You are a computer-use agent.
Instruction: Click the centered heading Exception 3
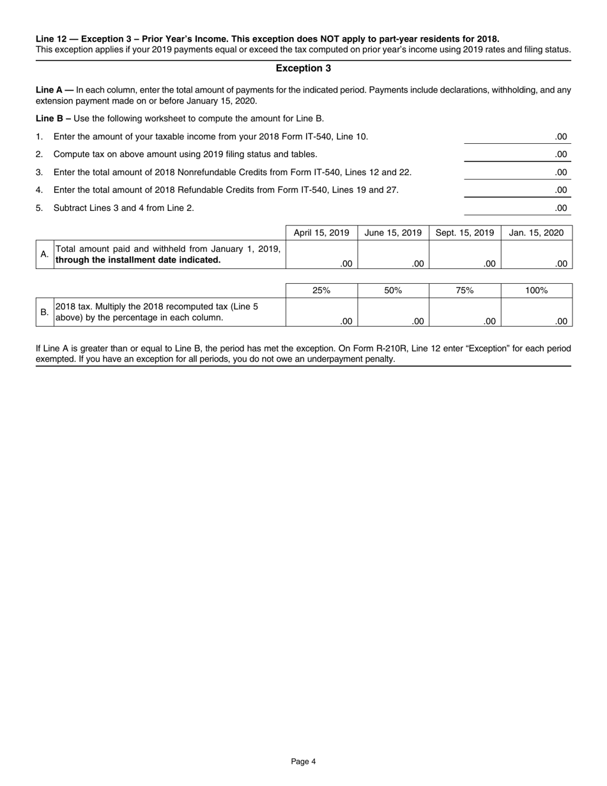click(x=303, y=68)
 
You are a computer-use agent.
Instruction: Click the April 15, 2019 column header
click(x=321, y=233)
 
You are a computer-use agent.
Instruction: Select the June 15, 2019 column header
click(x=393, y=233)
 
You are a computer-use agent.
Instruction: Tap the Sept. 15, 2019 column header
click(x=465, y=233)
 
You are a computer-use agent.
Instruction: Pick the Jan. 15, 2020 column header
click(x=537, y=233)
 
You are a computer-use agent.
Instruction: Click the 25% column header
click(x=321, y=290)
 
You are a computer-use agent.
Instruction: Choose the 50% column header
click(x=393, y=290)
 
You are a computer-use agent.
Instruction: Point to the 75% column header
click(x=465, y=290)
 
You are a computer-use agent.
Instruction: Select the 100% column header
click(x=537, y=290)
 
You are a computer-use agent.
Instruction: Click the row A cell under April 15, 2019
click(x=321, y=254)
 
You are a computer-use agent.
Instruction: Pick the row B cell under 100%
click(x=537, y=312)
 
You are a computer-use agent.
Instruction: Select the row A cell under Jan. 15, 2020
click(x=537, y=254)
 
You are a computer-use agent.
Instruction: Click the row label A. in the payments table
click(x=44, y=254)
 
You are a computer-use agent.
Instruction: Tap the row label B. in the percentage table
click(x=44, y=312)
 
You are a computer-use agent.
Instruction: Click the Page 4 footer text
click(x=303, y=761)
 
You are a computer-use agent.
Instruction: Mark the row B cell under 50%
click(x=393, y=312)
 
